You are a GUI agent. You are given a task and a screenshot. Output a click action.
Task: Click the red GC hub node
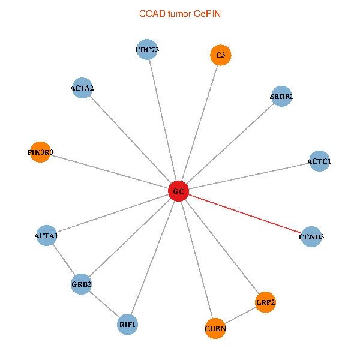click(x=178, y=191)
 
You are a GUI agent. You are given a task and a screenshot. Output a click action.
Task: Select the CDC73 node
click(x=147, y=49)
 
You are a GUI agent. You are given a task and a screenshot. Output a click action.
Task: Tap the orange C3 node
click(x=221, y=55)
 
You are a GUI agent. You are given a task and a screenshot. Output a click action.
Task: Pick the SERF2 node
click(x=281, y=96)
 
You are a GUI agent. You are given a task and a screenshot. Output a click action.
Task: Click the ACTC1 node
click(x=319, y=161)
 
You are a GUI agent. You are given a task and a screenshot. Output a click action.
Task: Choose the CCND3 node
click(x=311, y=236)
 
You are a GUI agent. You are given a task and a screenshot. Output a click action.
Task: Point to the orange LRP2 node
click(x=265, y=302)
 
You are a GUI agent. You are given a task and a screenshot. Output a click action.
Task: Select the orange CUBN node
click(x=215, y=329)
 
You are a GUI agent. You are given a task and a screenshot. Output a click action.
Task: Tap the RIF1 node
click(x=127, y=325)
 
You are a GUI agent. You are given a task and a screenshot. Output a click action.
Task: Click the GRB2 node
click(x=81, y=284)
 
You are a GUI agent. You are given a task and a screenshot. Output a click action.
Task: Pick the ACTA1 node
click(x=47, y=235)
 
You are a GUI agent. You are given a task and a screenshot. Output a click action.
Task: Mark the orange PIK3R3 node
click(x=40, y=152)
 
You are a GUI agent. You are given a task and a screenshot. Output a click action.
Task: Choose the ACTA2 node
click(x=82, y=88)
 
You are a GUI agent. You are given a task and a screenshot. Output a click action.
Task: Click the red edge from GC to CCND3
click(x=245, y=214)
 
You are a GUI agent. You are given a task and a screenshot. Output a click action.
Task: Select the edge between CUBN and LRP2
click(x=241, y=316)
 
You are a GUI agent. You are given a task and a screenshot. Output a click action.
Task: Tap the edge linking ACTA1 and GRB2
click(x=64, y=260)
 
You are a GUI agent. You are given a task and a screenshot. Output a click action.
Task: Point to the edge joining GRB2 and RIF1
click(x=104, y=304)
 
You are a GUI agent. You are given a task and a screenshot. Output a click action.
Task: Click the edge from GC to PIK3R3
click(x=110, y=172)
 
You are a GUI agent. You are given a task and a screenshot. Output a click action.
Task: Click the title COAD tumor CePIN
click(x=180, y=14)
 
